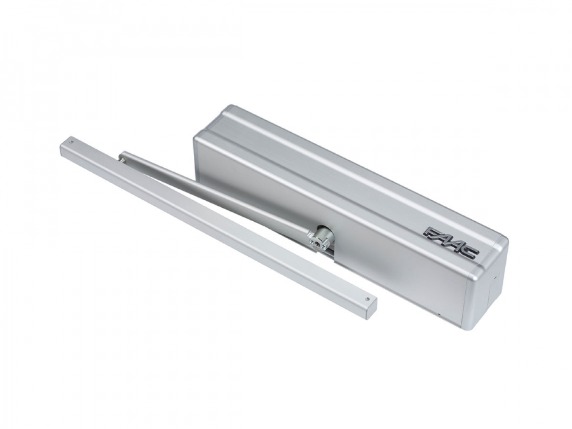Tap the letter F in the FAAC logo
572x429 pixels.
click(433, 233)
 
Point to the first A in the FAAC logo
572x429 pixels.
click(444, 238)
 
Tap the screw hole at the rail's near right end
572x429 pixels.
click(367, 297)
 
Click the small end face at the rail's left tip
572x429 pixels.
click(63, 149)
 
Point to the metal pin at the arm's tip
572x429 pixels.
click(120, 158)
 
